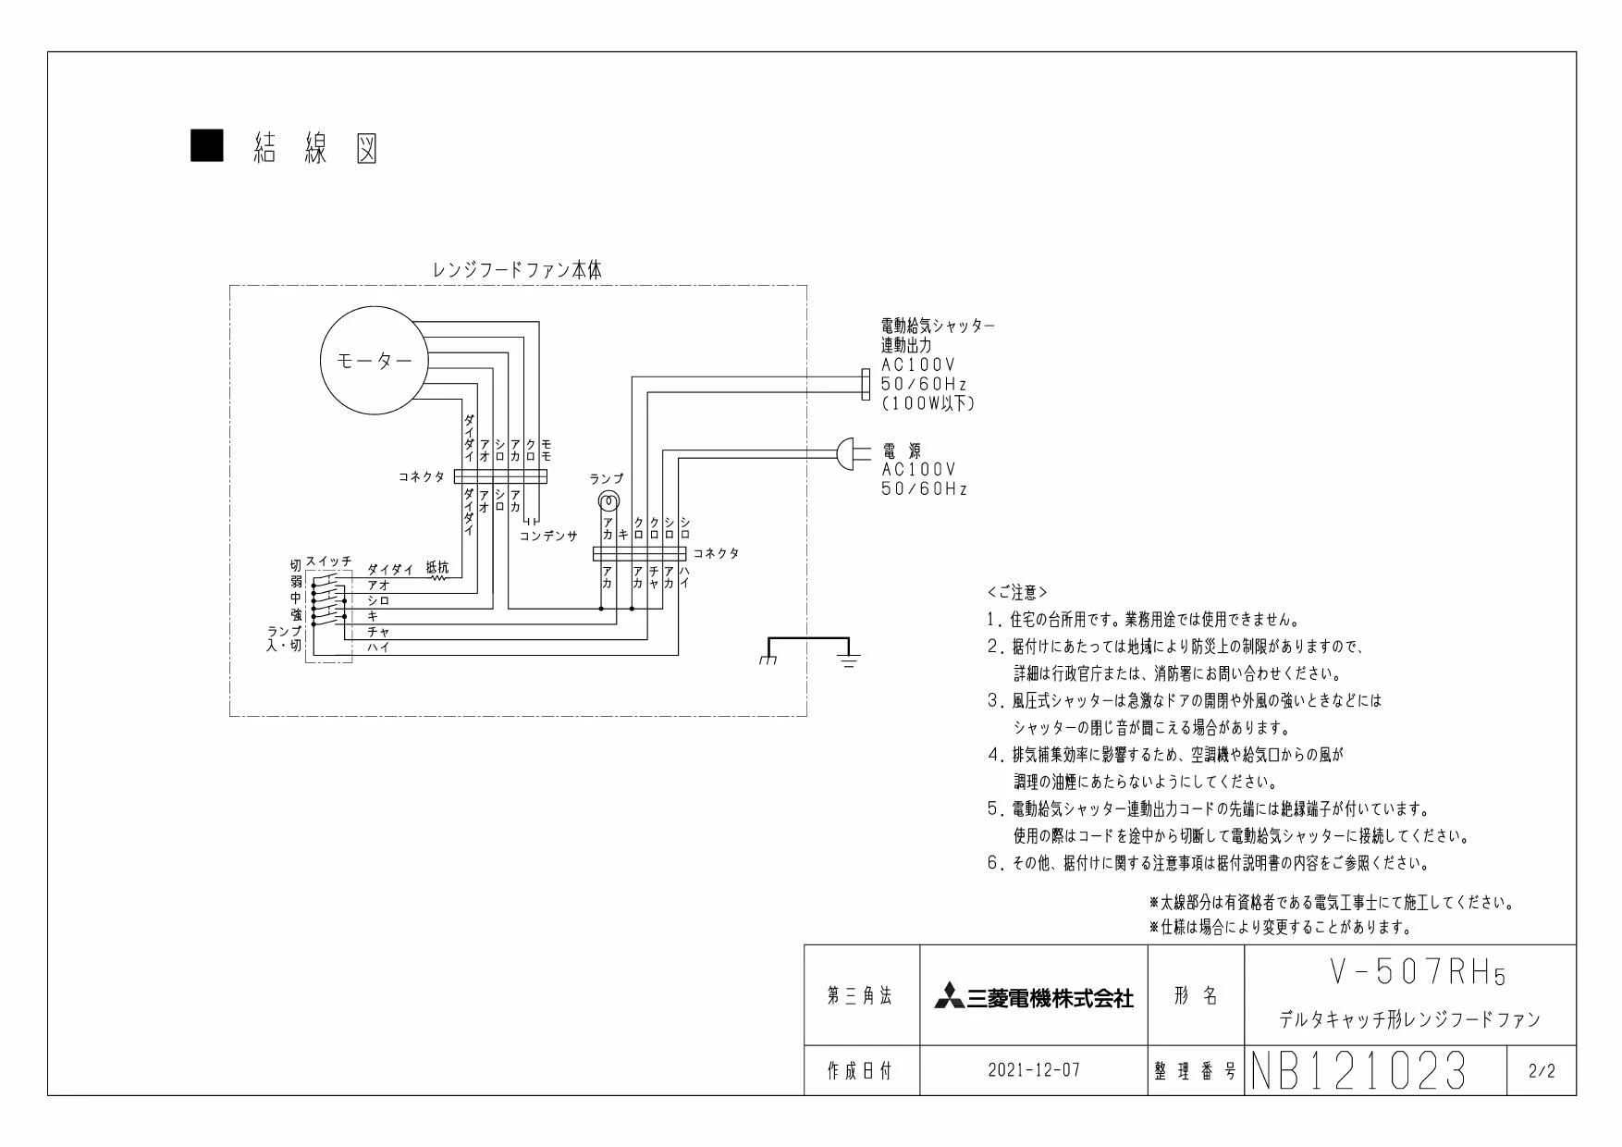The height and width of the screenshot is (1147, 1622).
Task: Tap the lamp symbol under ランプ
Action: [608, 501]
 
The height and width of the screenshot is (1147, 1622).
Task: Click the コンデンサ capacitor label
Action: [548, 536]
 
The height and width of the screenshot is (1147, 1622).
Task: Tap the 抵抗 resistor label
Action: [437, 567]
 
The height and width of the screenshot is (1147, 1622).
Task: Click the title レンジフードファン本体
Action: [518, 270]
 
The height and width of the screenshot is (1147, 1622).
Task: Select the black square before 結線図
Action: [206, 146]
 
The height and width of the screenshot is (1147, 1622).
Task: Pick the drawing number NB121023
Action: [1358, 1071]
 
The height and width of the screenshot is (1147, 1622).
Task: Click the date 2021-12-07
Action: [1034, 1070]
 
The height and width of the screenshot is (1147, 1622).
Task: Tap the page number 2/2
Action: [1542, 1071]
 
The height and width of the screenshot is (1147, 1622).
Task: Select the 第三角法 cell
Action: [860, 996]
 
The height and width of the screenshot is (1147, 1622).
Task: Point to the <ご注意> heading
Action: [1017, 592]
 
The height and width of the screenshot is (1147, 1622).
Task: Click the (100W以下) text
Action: [928, 403]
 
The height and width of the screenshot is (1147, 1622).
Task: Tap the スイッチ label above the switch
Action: [328, 561]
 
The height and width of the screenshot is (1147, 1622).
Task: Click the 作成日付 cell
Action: [860, 1070]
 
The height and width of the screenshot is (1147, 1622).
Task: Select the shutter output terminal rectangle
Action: [866, 385]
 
